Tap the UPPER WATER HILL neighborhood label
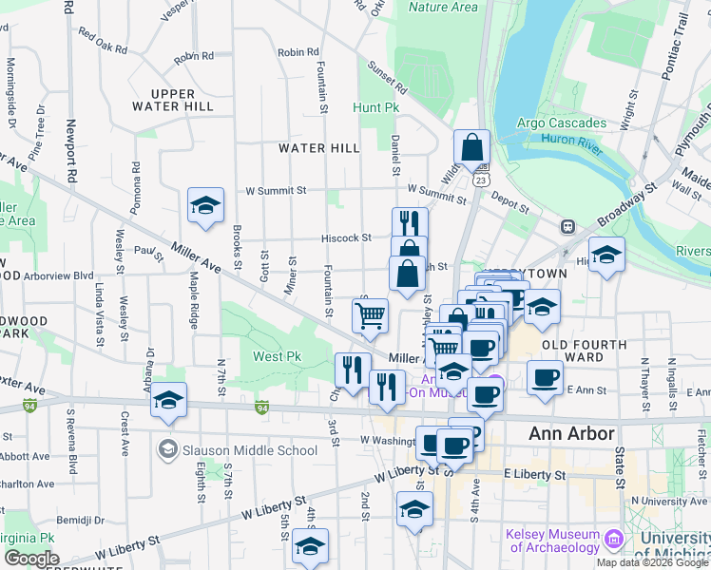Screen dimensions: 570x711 pyautogui.click(x=172, y=101)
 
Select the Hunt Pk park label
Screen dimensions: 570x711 pyautogui.click(x=376, y=108)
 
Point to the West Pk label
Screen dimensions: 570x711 pyautogui.click(x=277, y=357)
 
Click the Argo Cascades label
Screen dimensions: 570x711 pyautogui.click(x=561, y=123)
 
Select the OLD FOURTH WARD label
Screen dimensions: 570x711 pyautogui.click(x=584, y=351)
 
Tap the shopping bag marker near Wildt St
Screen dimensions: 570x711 pyautogui.click(x=471, y=147)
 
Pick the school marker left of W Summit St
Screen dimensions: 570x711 pyautogui.click(x=205, y=205)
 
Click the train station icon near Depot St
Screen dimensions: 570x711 pyautogui.click(x=568, y=227)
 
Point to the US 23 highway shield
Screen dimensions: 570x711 pyautogui.click(x=483, y=179)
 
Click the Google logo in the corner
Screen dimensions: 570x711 pyautogui.click(x=31, y=559)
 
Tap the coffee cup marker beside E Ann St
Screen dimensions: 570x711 pyautogui.click(x=545, y=376)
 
